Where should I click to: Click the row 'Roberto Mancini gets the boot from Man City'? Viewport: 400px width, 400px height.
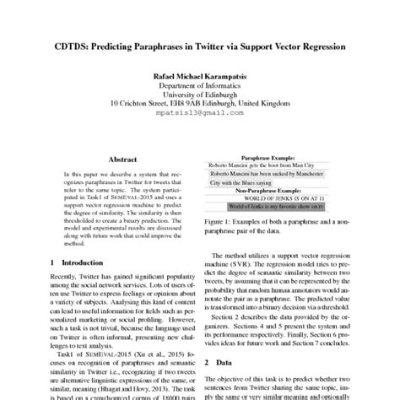[262, 165]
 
